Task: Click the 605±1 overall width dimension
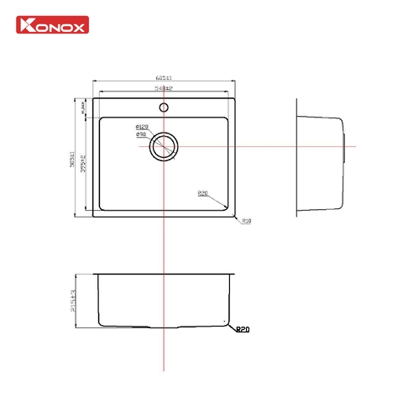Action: [164, 77]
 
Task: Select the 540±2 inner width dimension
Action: [164, 87]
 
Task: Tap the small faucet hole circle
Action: [164, 107]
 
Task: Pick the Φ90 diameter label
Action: [141, 134]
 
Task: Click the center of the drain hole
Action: [164, 147]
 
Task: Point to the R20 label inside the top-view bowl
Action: [203, 193]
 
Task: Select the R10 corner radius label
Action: [247, 222]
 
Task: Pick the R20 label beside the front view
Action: [243, 331]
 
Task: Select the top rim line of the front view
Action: [164, 273]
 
